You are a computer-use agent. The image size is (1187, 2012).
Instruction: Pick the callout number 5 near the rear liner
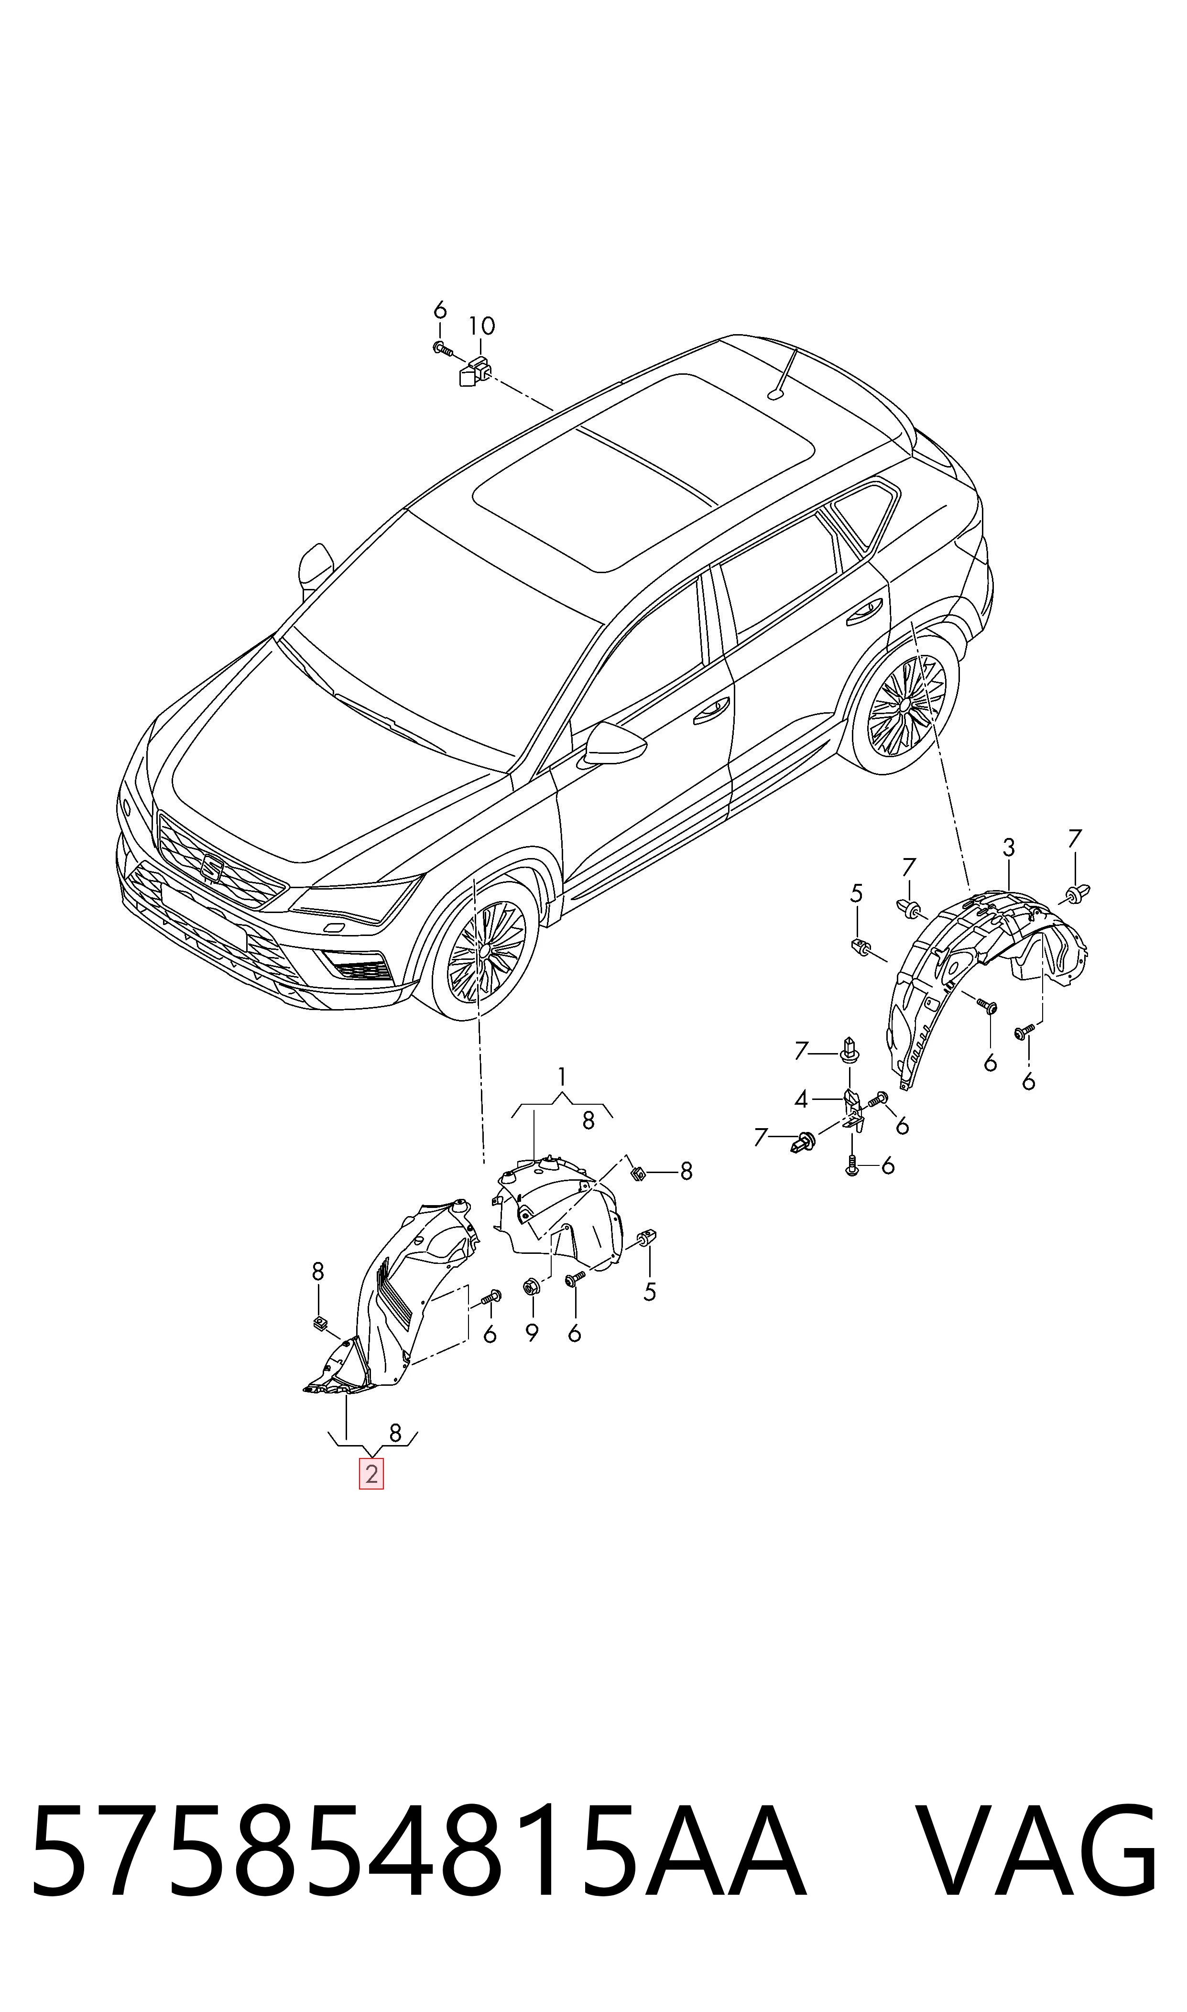(x=857, y=893)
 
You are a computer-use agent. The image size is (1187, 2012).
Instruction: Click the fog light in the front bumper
(x=361, y=970)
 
